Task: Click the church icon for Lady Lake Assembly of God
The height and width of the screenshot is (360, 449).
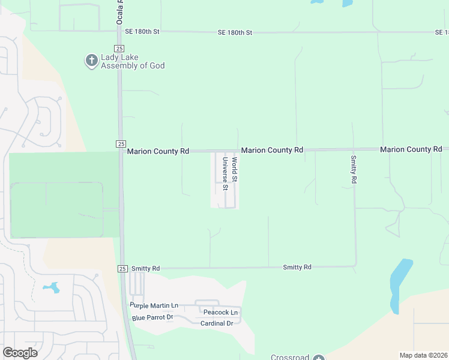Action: click(x=91, y=61)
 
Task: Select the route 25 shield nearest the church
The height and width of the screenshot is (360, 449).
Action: click(x=119, y=47)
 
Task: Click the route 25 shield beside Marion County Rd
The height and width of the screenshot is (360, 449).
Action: click(x=120, y=143)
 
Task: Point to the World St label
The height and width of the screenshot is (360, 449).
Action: click(x=235, y=170)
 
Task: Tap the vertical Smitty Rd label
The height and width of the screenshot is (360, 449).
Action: click(x=354, y=170)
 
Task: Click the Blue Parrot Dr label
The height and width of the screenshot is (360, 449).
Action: click(x=152, y=317)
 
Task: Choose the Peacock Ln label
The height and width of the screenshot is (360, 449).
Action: click(x=220, y=313)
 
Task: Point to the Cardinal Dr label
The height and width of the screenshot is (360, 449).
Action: click(x=217, y=323)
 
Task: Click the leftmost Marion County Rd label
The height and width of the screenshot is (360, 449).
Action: click(x=158, y=152)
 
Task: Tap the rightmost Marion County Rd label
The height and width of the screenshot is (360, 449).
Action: click(x=411, y=149)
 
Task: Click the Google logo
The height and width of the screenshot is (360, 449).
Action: click(x=20, y=353)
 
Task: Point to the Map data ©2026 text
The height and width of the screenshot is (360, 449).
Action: click(x=423, y=355)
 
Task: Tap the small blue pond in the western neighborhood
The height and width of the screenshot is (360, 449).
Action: click(x=51, y=287)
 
